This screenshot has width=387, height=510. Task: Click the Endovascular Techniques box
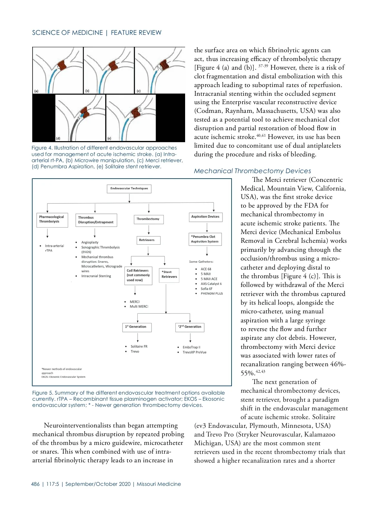129,189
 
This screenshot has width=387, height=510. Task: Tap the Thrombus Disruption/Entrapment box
96,220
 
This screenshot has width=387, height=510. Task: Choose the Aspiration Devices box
205,217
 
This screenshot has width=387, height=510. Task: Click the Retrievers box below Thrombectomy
147,240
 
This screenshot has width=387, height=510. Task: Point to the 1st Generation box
137,327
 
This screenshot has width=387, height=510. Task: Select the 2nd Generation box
190,327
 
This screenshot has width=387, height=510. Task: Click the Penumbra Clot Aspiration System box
205,239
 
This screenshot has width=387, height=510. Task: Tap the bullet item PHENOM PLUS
212,294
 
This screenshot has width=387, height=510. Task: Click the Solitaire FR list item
139,347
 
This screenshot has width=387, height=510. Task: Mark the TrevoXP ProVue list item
194,352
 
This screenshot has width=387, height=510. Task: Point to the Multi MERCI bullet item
139,307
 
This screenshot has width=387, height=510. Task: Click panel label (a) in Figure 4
36,91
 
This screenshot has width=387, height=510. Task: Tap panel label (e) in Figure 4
109,138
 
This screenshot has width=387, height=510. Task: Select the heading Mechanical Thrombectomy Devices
253,171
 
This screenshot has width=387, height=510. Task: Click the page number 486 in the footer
35,484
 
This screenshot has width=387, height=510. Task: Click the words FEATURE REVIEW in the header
136,33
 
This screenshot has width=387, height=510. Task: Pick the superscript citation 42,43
260,372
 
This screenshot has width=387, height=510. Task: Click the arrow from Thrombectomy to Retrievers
149,230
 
